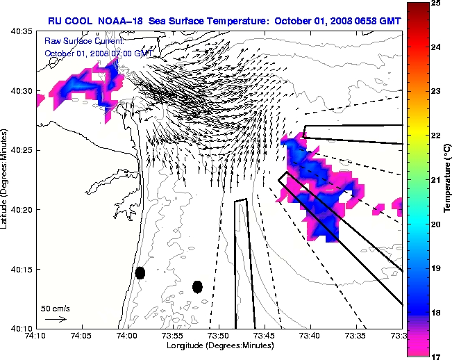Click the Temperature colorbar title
pos(449,180)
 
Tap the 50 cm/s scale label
pos(53,307)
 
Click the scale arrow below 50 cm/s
pos(56,319)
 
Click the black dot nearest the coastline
pos(140,273)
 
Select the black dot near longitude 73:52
pos(197,286)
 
